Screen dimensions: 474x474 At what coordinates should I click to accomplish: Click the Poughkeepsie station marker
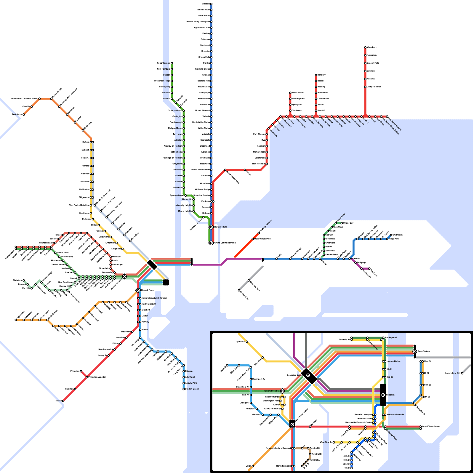click(172, 63)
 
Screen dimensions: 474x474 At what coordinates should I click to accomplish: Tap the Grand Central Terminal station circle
click(211, 243)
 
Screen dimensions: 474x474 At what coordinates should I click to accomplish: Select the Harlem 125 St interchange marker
click(211, 227)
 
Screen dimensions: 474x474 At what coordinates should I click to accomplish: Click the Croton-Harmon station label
click(175, 111)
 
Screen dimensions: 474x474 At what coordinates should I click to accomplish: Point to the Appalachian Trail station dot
click(211, 28)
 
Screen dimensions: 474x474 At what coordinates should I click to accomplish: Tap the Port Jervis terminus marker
click(24, 114)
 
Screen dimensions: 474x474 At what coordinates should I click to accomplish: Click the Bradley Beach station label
click(192, 389)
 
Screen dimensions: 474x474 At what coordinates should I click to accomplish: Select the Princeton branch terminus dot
click(81, 371)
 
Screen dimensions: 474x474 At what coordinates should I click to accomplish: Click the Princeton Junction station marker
click(87, 377)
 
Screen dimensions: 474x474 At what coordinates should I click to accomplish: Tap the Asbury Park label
click(191, 383)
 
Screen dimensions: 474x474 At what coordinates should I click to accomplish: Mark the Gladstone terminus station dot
click(24, 280)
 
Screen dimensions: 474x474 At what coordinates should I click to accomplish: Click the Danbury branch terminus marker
click(316, 75)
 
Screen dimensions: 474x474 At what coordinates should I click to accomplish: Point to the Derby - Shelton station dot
click(365, 87)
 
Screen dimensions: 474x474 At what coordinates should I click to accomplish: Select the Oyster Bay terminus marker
click(342, 223)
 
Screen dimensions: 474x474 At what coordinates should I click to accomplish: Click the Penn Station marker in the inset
click(415, 352)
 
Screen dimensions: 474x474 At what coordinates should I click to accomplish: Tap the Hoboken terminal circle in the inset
click(383, 395)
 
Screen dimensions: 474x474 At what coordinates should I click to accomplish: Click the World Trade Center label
click(431, 427)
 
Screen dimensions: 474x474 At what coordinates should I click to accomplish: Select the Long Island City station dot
click(462, 373)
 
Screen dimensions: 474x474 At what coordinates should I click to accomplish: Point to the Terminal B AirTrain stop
click(310, 454)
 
